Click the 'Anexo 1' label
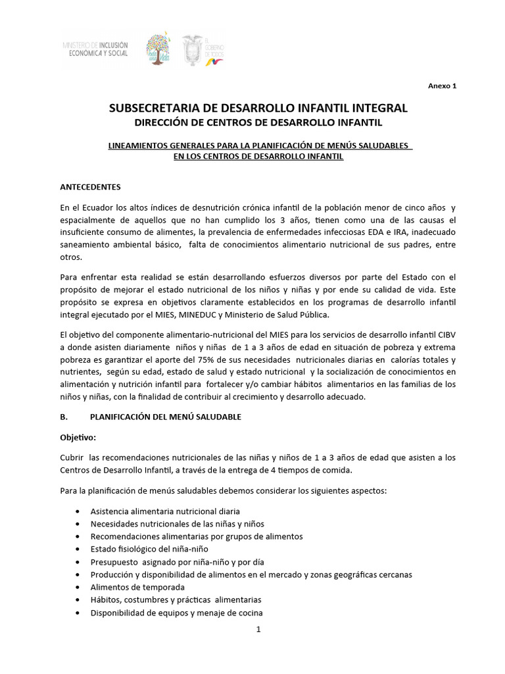(442, 86)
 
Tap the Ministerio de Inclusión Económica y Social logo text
(95, 49)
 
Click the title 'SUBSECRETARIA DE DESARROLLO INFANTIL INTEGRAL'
(258, 108)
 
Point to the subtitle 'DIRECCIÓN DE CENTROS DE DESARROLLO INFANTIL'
(258, 122)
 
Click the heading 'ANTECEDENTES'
(90, 187)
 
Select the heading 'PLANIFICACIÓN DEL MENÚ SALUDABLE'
(165, 417)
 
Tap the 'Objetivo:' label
(78, 437)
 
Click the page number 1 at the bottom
(258, 629)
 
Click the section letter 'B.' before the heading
(64, 417)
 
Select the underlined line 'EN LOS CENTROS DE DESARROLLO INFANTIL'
(258, 157)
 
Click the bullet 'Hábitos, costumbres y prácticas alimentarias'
(176, 600)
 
